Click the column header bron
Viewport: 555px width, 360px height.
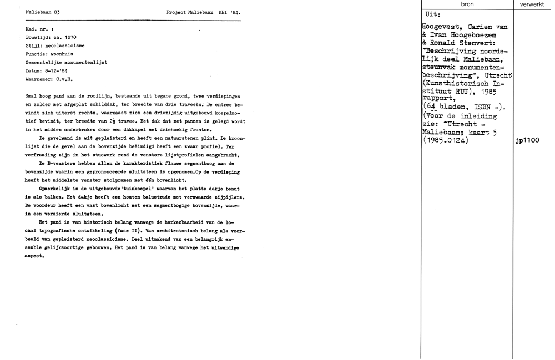(467, 4)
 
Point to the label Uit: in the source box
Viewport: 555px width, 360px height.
(432, 15)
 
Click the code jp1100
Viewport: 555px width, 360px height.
(527, 141)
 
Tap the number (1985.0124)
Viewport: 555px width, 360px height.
(446, 141)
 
